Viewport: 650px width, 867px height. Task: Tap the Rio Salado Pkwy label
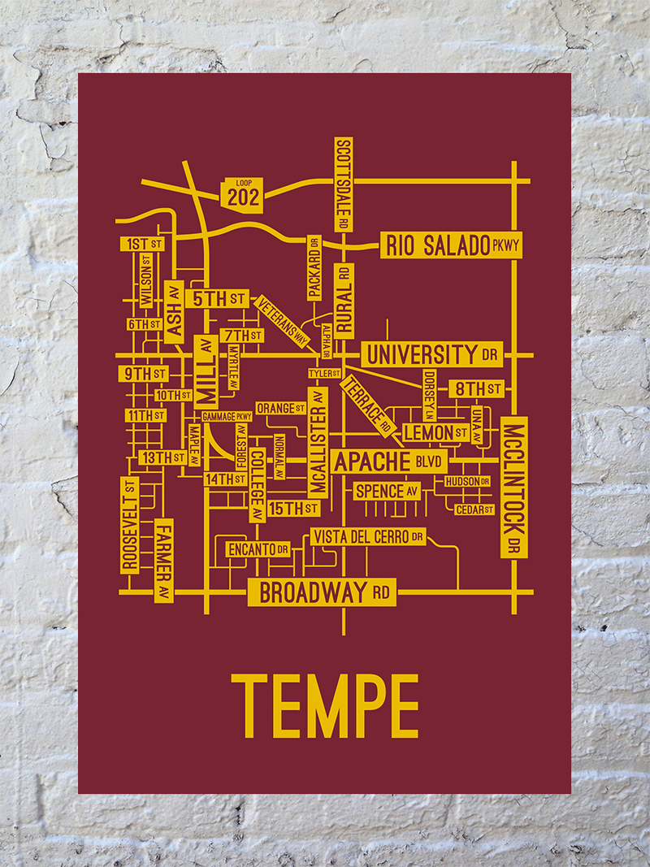click(451, 245)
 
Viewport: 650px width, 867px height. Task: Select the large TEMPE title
click(325, 705)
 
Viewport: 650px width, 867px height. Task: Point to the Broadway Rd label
click(322, 593)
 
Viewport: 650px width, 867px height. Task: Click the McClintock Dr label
click(513, 487)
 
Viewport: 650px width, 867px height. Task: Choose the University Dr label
click(431, 354)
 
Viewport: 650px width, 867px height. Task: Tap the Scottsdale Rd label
click(344, 183)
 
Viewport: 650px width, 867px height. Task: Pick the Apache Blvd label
click(389, 462)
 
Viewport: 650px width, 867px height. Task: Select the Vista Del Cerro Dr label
click(367, 537)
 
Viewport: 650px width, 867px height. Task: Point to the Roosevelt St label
click(129, 525)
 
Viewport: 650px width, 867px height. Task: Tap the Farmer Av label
click(164, 561)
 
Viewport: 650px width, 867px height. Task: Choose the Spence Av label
click(387, 491)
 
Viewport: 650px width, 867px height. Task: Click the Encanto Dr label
click(258, 550)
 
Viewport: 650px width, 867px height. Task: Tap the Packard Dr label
click(314, 268)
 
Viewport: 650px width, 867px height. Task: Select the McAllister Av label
click(318, 441)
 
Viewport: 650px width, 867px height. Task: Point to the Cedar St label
click(474, 509)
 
